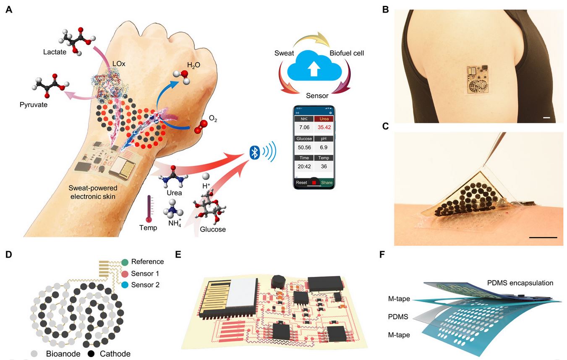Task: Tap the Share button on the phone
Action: tap(327, 183)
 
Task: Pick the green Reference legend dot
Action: tap(125, 262)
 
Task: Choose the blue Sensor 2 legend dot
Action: tap(125, 285)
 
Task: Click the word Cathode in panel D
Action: tap(114, 354)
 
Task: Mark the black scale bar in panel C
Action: tap(543, 237)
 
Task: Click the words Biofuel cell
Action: tap(347, 53)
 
